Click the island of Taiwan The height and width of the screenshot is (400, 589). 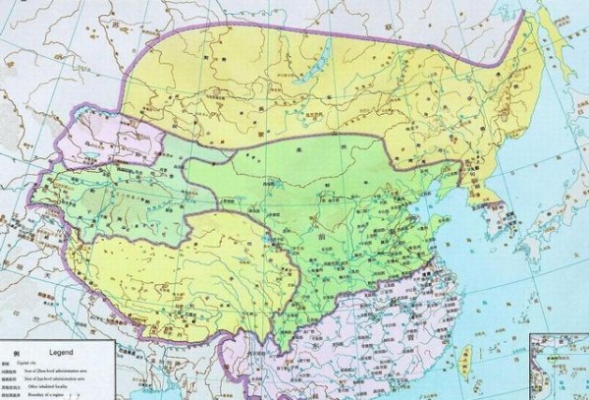(x=466, y=357)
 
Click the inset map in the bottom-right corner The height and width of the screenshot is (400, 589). (x=560, y=369)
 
